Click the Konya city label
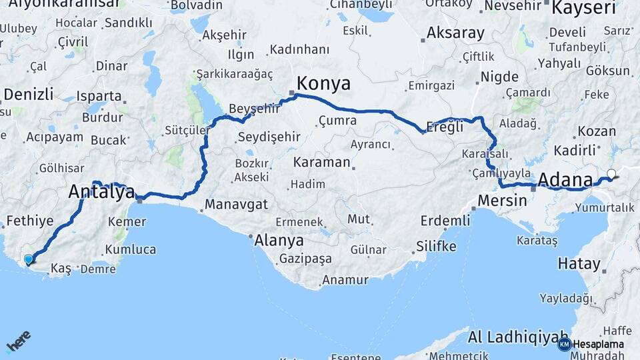point(323,84)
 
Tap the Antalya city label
point(101,193)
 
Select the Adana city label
point(565,179)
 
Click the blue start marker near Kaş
point(28,259)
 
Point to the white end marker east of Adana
point(611,174)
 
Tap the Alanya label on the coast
point(279,241)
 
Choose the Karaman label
point(321,162)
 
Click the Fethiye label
point(29,221)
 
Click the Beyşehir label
point(254,109)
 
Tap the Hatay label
point(579,263)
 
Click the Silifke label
point(436,246)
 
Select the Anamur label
point(345,280)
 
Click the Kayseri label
point(584,9)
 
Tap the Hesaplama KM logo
point(591,344)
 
